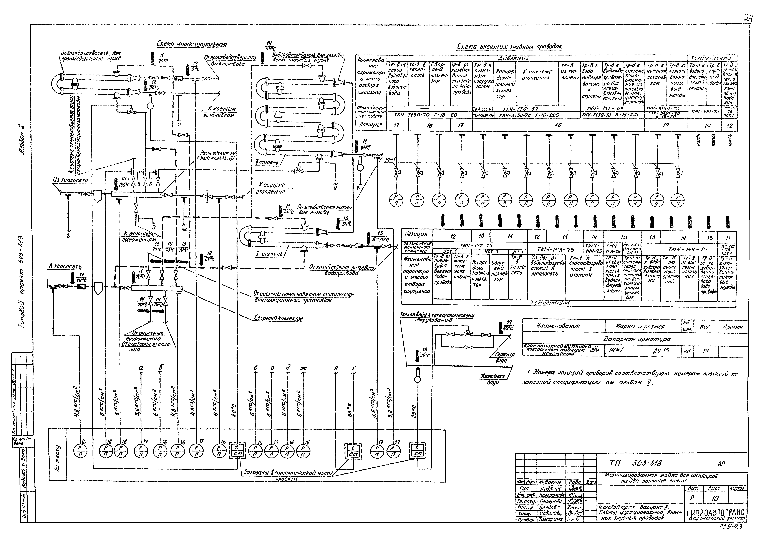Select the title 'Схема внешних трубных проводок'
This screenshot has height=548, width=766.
[x=509, y=47]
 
